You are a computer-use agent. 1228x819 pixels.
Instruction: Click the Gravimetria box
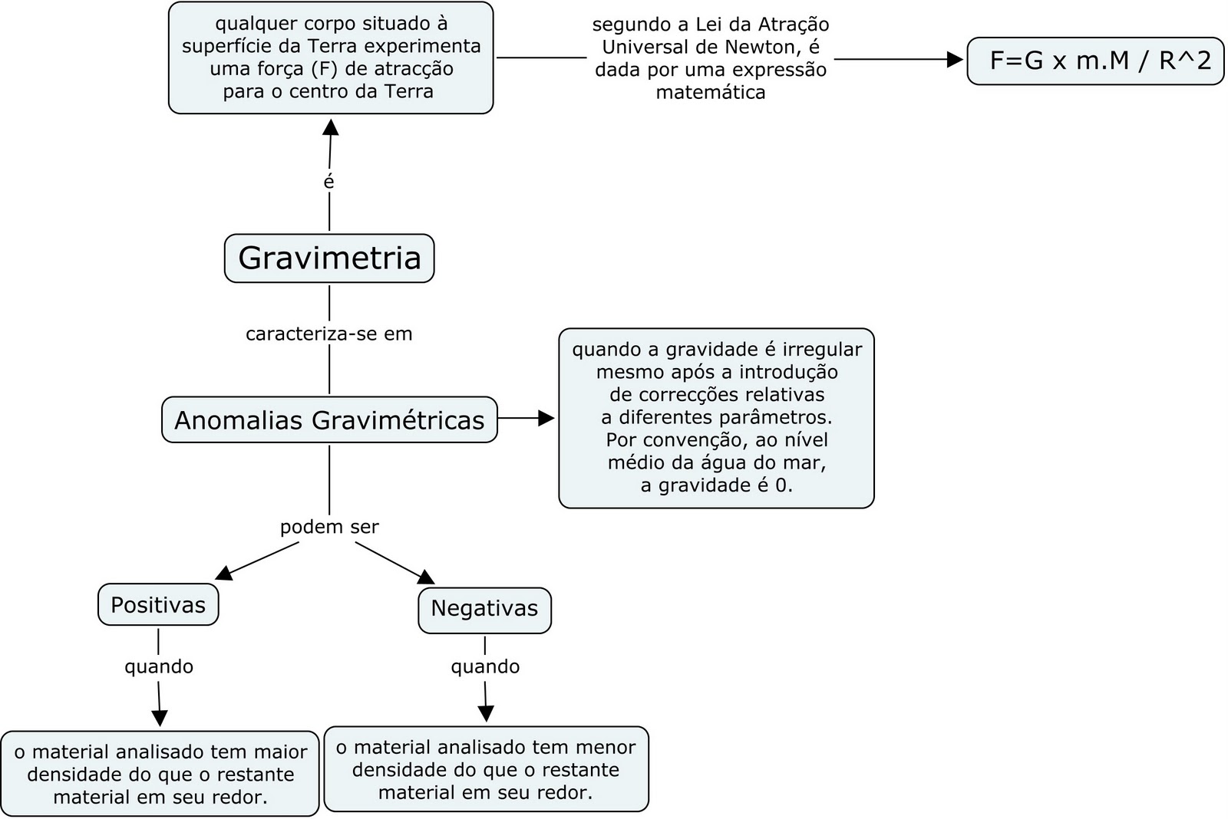tap(329, 258)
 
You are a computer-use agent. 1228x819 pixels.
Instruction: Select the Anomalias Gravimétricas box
tap(329, 420)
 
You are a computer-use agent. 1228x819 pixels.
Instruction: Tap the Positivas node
tap(158, 605)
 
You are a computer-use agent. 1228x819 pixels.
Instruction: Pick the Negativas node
tap(484, 609)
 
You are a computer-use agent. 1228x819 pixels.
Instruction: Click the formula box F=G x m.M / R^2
tap(1095, 61)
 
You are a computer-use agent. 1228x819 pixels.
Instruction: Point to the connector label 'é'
tap(329, 183)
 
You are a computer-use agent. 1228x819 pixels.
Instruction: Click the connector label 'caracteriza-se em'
tap(329, 334)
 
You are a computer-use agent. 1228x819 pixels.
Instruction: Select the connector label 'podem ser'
tap(329, 528)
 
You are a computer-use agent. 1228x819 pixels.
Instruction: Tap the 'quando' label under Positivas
tap(159, 666)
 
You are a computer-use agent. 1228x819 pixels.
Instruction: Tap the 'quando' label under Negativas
tap(485, 666)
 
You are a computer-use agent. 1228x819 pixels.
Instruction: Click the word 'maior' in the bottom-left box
tap(283, 752)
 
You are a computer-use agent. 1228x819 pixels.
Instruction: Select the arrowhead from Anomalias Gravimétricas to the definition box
tap(546, 418)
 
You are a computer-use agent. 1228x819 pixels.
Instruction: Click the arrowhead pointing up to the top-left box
tap(331, 127)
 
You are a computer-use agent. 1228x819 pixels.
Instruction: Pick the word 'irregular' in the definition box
tap(822, 350)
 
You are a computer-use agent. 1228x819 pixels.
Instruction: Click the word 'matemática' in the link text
tap(711, 93)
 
